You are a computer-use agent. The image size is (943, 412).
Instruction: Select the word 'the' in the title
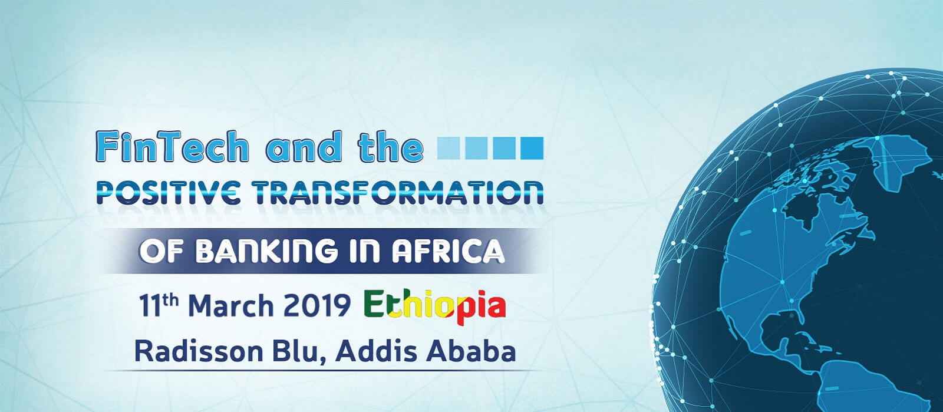tap(390, 146)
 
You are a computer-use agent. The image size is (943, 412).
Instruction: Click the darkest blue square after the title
tap(532, 148)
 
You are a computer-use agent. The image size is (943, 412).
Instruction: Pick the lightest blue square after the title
tap(449, 148)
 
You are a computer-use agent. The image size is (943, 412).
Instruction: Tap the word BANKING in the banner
tap(266, 251)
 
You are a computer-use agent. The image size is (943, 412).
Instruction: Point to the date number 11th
tap(159, 305)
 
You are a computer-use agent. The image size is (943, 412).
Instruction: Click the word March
tap(231, 305)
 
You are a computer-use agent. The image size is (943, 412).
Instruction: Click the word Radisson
tap(199, 352)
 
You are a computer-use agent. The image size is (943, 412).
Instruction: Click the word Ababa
tap(471, 352)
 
